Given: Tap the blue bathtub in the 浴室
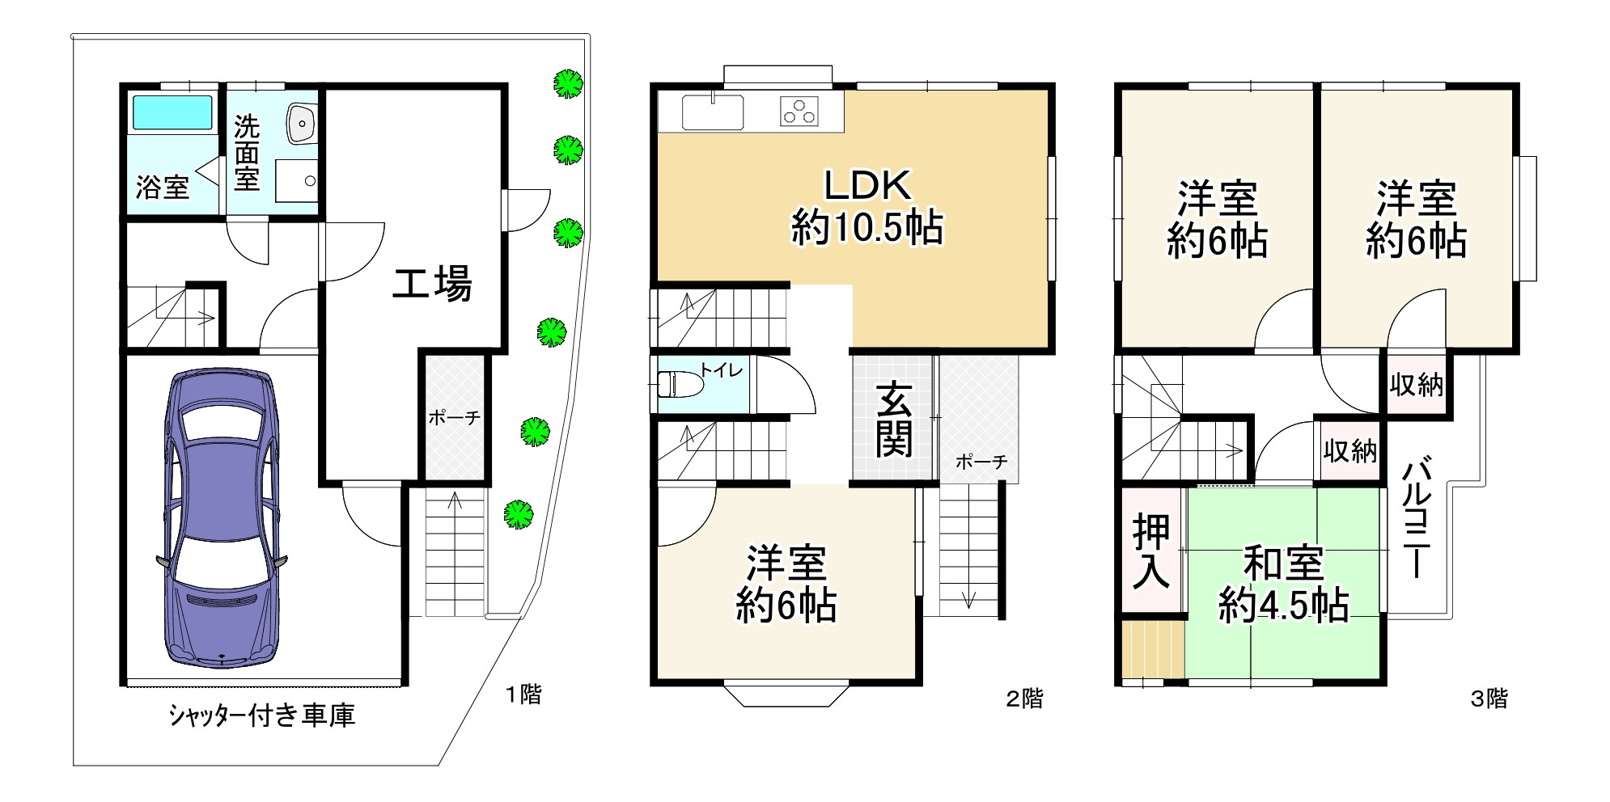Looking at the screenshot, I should point(172,113).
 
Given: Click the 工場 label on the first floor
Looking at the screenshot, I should point(432,284).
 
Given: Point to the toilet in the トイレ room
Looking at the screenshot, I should point(680,384).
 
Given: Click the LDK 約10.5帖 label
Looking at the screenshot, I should point(866,207).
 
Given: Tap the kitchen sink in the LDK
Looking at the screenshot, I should point(713,112).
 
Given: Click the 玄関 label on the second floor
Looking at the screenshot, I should point(894,420).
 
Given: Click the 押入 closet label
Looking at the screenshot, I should point(1151,551).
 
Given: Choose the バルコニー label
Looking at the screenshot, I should point(1417,517).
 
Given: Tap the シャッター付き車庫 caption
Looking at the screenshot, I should point(262,715).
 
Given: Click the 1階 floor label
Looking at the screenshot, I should point(523,694).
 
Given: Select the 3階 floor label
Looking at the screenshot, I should point(1489,699).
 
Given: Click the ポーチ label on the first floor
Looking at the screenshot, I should point(454,418).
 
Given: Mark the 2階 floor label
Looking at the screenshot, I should point(1024,699).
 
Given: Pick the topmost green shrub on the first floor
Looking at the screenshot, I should point(568,83).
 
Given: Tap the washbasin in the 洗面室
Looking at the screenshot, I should point(301,124).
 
